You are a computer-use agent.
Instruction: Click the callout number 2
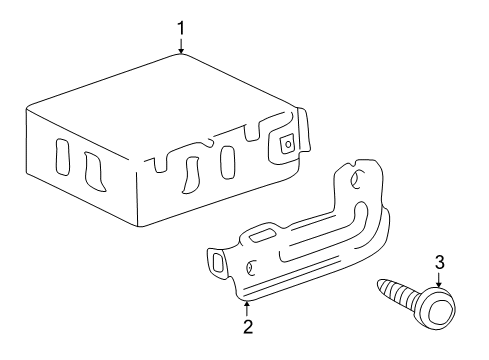point(246,326)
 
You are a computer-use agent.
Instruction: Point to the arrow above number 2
point(246,304)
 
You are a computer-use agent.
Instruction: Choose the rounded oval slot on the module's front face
point(227,160)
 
